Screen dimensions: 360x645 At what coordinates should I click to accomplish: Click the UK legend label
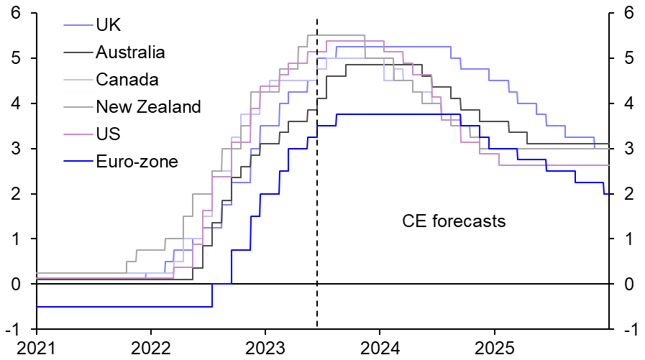109,25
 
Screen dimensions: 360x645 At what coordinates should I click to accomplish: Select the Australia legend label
130,52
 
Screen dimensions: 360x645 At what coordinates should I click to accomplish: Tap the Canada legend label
127,80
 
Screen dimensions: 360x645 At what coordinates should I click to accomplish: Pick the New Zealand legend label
148,107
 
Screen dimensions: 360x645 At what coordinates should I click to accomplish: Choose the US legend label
108,134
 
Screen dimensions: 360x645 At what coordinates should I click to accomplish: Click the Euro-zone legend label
137,162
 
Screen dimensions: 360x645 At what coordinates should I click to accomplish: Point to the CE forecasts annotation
454,221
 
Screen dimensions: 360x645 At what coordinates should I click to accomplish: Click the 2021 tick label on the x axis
36,348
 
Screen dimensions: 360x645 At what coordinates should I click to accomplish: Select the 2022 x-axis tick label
151,348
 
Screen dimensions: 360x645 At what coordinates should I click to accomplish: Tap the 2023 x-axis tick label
265,348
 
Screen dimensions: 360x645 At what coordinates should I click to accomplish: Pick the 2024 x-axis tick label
380,348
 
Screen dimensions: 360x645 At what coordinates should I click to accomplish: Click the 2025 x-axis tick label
494,348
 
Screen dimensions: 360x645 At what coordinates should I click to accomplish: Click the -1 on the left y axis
12,329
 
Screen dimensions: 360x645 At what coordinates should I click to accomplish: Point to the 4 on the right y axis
628,103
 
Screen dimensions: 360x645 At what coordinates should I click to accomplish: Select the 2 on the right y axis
628,194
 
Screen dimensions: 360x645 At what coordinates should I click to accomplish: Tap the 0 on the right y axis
628,285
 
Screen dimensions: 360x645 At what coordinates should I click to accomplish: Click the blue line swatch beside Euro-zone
78,162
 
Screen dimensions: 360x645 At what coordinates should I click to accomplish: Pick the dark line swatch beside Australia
78,52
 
